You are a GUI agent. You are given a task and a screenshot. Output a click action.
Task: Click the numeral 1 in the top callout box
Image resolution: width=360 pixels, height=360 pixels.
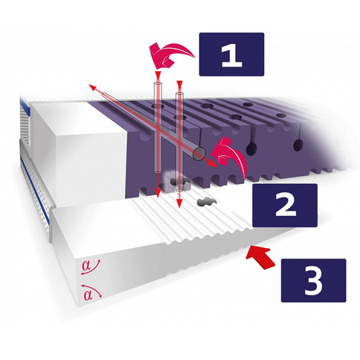click(232, 55)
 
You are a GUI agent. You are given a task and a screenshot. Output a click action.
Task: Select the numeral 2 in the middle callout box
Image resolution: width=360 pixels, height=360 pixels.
click(286, 205)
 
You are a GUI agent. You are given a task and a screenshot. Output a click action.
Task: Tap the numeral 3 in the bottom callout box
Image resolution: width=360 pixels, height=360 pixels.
click(314, 281)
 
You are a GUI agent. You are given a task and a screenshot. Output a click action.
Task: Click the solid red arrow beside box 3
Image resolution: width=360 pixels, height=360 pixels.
click(260, 257)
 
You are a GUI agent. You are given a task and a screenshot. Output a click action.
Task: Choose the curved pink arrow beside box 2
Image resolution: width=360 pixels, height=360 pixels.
click(230, 156)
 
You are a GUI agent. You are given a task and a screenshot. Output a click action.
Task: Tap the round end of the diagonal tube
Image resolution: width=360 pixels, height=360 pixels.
click(199, 154)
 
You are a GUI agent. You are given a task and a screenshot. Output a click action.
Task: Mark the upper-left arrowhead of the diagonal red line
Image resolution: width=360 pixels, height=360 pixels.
click(92, 87)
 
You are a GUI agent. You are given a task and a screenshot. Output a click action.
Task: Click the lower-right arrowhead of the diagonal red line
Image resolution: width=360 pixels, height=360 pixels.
click(213, 163)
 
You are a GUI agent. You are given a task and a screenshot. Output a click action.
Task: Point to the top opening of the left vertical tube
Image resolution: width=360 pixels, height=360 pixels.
click(158, 84)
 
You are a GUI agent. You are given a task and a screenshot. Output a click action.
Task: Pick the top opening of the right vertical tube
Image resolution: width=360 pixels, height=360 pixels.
click(179, 94)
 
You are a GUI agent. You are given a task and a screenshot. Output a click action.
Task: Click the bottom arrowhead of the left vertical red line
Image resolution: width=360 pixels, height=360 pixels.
click(158, 193)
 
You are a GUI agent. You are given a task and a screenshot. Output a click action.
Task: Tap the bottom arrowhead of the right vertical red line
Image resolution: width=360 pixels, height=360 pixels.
click(179, 203)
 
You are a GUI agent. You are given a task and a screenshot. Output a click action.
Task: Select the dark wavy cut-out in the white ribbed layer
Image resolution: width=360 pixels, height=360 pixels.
click(206, 202)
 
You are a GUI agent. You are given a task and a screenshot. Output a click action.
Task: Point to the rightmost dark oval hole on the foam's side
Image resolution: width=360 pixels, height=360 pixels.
click(298, 146)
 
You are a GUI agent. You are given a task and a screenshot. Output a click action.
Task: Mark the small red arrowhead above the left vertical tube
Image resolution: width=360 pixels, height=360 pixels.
click(158, 74)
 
